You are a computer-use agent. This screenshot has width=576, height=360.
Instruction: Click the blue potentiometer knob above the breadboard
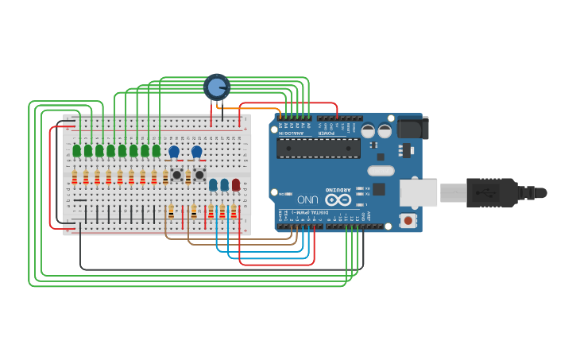(216, 87)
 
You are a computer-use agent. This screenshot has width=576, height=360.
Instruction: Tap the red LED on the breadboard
(236, 184)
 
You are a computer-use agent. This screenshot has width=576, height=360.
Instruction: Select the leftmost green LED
(77, 150)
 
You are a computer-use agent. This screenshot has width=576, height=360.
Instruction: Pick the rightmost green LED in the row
(157, 150)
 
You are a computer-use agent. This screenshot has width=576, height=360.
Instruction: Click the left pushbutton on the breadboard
(176, 174)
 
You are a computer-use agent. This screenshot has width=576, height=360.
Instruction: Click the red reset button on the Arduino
(408, 220)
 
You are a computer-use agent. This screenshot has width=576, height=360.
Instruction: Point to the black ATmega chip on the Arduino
(318, 148)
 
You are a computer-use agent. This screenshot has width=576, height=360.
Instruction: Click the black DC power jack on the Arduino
(412, 128)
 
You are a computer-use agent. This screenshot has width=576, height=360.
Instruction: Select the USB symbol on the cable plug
(485, 192)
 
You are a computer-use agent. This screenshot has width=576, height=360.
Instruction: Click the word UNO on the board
(307, 199)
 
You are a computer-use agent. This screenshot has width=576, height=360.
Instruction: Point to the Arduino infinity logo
(338, 199)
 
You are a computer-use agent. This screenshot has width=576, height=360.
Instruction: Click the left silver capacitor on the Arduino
(368, 131)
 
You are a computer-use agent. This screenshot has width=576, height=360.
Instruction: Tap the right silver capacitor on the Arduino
(385, 131)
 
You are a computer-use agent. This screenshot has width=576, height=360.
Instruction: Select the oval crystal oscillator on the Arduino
(381, 170)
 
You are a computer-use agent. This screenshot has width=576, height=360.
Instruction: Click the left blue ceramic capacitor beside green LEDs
(174, 151)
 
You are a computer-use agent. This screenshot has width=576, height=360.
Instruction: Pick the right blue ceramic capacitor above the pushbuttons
(196, 151)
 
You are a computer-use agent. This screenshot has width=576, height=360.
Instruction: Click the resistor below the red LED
(234, 211)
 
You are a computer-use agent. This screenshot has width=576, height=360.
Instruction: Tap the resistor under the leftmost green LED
(75, 177)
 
